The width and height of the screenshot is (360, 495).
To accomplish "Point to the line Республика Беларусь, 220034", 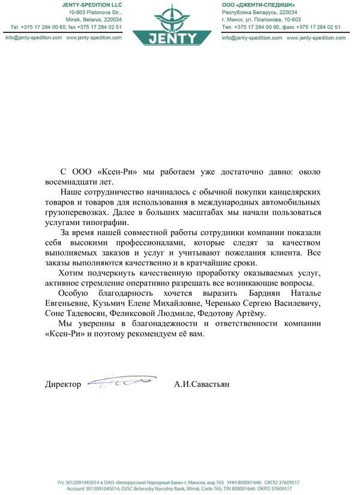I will [x=259, y=12].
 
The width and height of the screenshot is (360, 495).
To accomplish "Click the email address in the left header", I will [x=34, y=37].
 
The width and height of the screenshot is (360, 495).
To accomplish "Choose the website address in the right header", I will [x=313, y=37].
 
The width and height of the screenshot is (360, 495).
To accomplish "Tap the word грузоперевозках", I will [x=77, y=213].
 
